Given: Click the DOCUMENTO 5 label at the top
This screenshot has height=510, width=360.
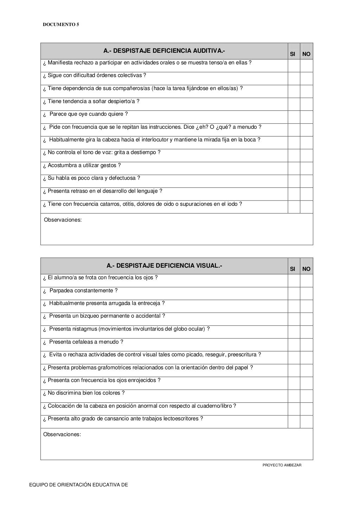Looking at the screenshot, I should click(x=61, y=25).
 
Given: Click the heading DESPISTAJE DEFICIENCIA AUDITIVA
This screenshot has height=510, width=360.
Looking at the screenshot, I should click(x=164, y=51).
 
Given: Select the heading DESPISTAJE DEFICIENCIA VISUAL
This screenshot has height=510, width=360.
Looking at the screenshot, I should click(x=164, y=266).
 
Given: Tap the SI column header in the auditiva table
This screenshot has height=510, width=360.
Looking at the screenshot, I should click(x=292, y=54).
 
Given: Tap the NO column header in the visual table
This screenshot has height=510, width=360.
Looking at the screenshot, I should click(x=306, y=269).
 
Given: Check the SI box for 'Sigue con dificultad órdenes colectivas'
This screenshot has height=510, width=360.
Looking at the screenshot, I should click(x=294, y=78).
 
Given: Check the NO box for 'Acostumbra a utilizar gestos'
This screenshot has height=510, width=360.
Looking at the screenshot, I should click(x=307, y=168).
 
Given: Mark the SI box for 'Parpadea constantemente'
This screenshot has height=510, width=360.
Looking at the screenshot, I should click(x=294, y=293).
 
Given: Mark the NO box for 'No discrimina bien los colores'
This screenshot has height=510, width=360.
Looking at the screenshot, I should click(x=307, y=396).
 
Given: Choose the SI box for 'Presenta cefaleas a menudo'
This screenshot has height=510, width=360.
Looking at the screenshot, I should click(x=294, y=345).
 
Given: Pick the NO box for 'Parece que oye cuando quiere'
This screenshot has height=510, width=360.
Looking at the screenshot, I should click(x=307, y=117).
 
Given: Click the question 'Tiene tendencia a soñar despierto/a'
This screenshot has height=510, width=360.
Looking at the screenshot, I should click(x=91, y=101).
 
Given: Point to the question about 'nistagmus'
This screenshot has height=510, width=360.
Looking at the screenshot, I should click(x=127, y=329).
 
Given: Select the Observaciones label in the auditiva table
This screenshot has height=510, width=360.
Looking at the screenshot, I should click(x=63, y=220).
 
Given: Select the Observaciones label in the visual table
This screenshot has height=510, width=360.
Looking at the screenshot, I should click(x=62, y=434).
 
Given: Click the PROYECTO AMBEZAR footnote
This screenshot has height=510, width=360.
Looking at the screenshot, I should click(x=282, y=465).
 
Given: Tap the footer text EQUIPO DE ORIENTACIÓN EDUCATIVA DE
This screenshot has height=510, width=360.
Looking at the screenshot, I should click(x=78, y=485).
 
